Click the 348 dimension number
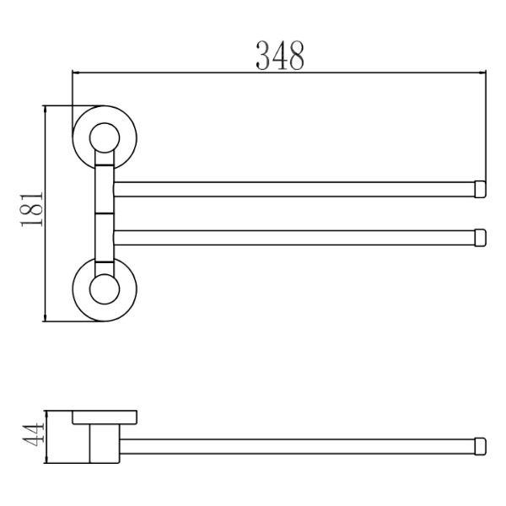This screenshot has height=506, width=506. [280, 56]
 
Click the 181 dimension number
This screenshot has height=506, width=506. [32, 210]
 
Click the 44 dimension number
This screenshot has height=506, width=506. [33, 434]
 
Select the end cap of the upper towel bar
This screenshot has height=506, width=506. [480, 190]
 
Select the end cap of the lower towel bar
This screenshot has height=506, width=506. [480, 238]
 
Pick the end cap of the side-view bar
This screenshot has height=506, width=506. [480, 447]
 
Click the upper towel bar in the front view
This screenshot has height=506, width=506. [294, 190]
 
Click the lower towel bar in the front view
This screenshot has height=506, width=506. [294, 238]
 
